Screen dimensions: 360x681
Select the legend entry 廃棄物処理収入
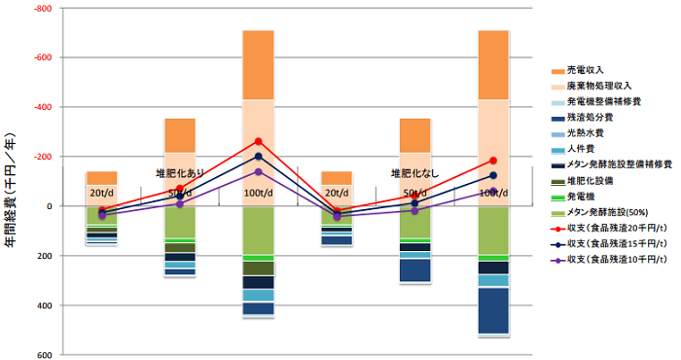tap(599, 87)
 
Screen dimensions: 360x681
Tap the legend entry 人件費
tap(585, 149)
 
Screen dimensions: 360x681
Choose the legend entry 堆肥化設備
tap(591, 180)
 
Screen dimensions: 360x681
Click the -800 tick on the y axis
tap(43, 9)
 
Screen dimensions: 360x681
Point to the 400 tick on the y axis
tap(44, 306)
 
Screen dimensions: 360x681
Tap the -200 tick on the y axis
tap(43, 157)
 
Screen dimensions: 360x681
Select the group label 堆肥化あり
tap(180, 173)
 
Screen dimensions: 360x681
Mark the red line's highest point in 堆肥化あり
tap(258, 141)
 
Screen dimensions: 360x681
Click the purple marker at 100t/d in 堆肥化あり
tap(258, 172)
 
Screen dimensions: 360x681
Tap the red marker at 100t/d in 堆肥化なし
tap(493, 161)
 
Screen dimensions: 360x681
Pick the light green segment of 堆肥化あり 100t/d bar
tap(258, 230)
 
